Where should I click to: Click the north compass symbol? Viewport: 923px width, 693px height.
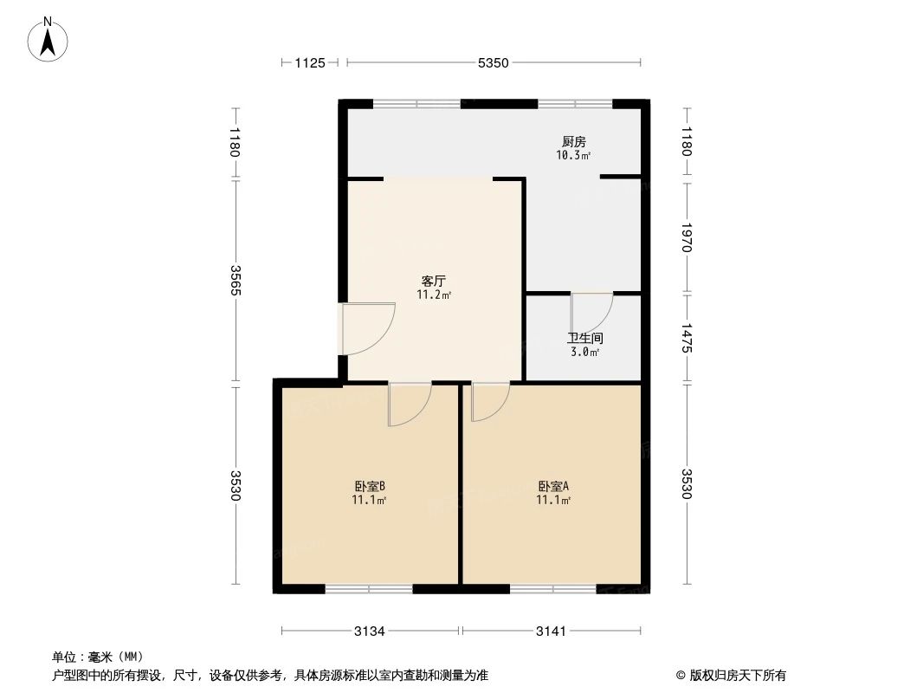(x=49, y=39)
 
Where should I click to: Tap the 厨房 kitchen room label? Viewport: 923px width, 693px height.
(x=573, y=141)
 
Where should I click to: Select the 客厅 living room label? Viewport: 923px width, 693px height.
(x=433, y=281)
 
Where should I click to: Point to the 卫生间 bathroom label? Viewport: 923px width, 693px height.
(x=584, y=338)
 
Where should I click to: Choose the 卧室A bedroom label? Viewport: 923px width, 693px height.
(x=553, y=486)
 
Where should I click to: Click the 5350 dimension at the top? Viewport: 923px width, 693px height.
(x=494, y=62)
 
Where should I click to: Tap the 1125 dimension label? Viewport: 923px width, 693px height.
(x=309, y=62)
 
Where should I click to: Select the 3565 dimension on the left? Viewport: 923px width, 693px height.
(x=236, y=279)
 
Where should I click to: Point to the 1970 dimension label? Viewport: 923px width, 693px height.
(x=687, y=236)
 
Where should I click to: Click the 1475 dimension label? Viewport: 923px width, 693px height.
(x=687, y=338)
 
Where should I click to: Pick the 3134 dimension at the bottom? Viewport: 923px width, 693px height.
(x=370, y=631)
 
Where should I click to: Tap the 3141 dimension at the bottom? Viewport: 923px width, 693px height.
(x=551, y=631)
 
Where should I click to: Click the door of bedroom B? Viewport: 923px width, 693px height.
(x=410, y=404)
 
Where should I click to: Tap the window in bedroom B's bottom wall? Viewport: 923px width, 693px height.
(x=369, y=589)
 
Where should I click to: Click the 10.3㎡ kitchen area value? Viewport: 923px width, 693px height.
(x=573, y=156)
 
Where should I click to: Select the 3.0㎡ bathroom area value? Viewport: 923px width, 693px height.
(x=584, y=352)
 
